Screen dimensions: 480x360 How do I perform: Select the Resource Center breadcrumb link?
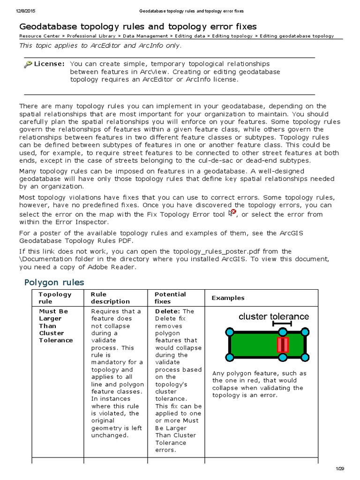40,36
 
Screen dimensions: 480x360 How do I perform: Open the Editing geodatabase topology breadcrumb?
297,36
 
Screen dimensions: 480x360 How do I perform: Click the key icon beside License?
28,64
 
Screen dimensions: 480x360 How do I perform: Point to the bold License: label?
49,63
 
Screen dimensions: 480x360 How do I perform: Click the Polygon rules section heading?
54,282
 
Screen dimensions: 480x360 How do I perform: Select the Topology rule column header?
55,298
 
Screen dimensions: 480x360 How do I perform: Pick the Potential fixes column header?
170,298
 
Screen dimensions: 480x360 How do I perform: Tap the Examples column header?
228,298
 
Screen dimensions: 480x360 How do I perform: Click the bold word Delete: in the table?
167,311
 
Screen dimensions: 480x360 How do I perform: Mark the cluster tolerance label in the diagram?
273,316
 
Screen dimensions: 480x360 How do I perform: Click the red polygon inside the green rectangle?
283,345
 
